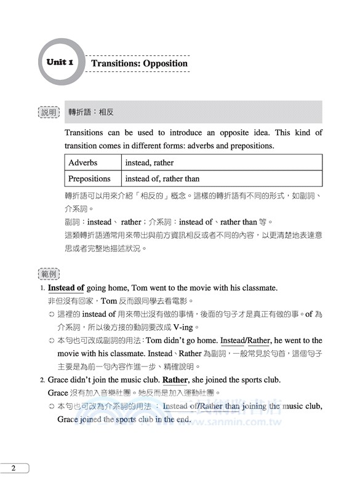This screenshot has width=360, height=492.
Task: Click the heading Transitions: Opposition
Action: pyautogui.click(x=139, y=63)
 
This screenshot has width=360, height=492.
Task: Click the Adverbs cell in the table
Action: pyautogui.click(x=92, y=163)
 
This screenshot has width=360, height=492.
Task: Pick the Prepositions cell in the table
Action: pyautogui.click(x=92, y=178)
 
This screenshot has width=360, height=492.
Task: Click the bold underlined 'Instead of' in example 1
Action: pyautogui.click(x=66, y=288)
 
